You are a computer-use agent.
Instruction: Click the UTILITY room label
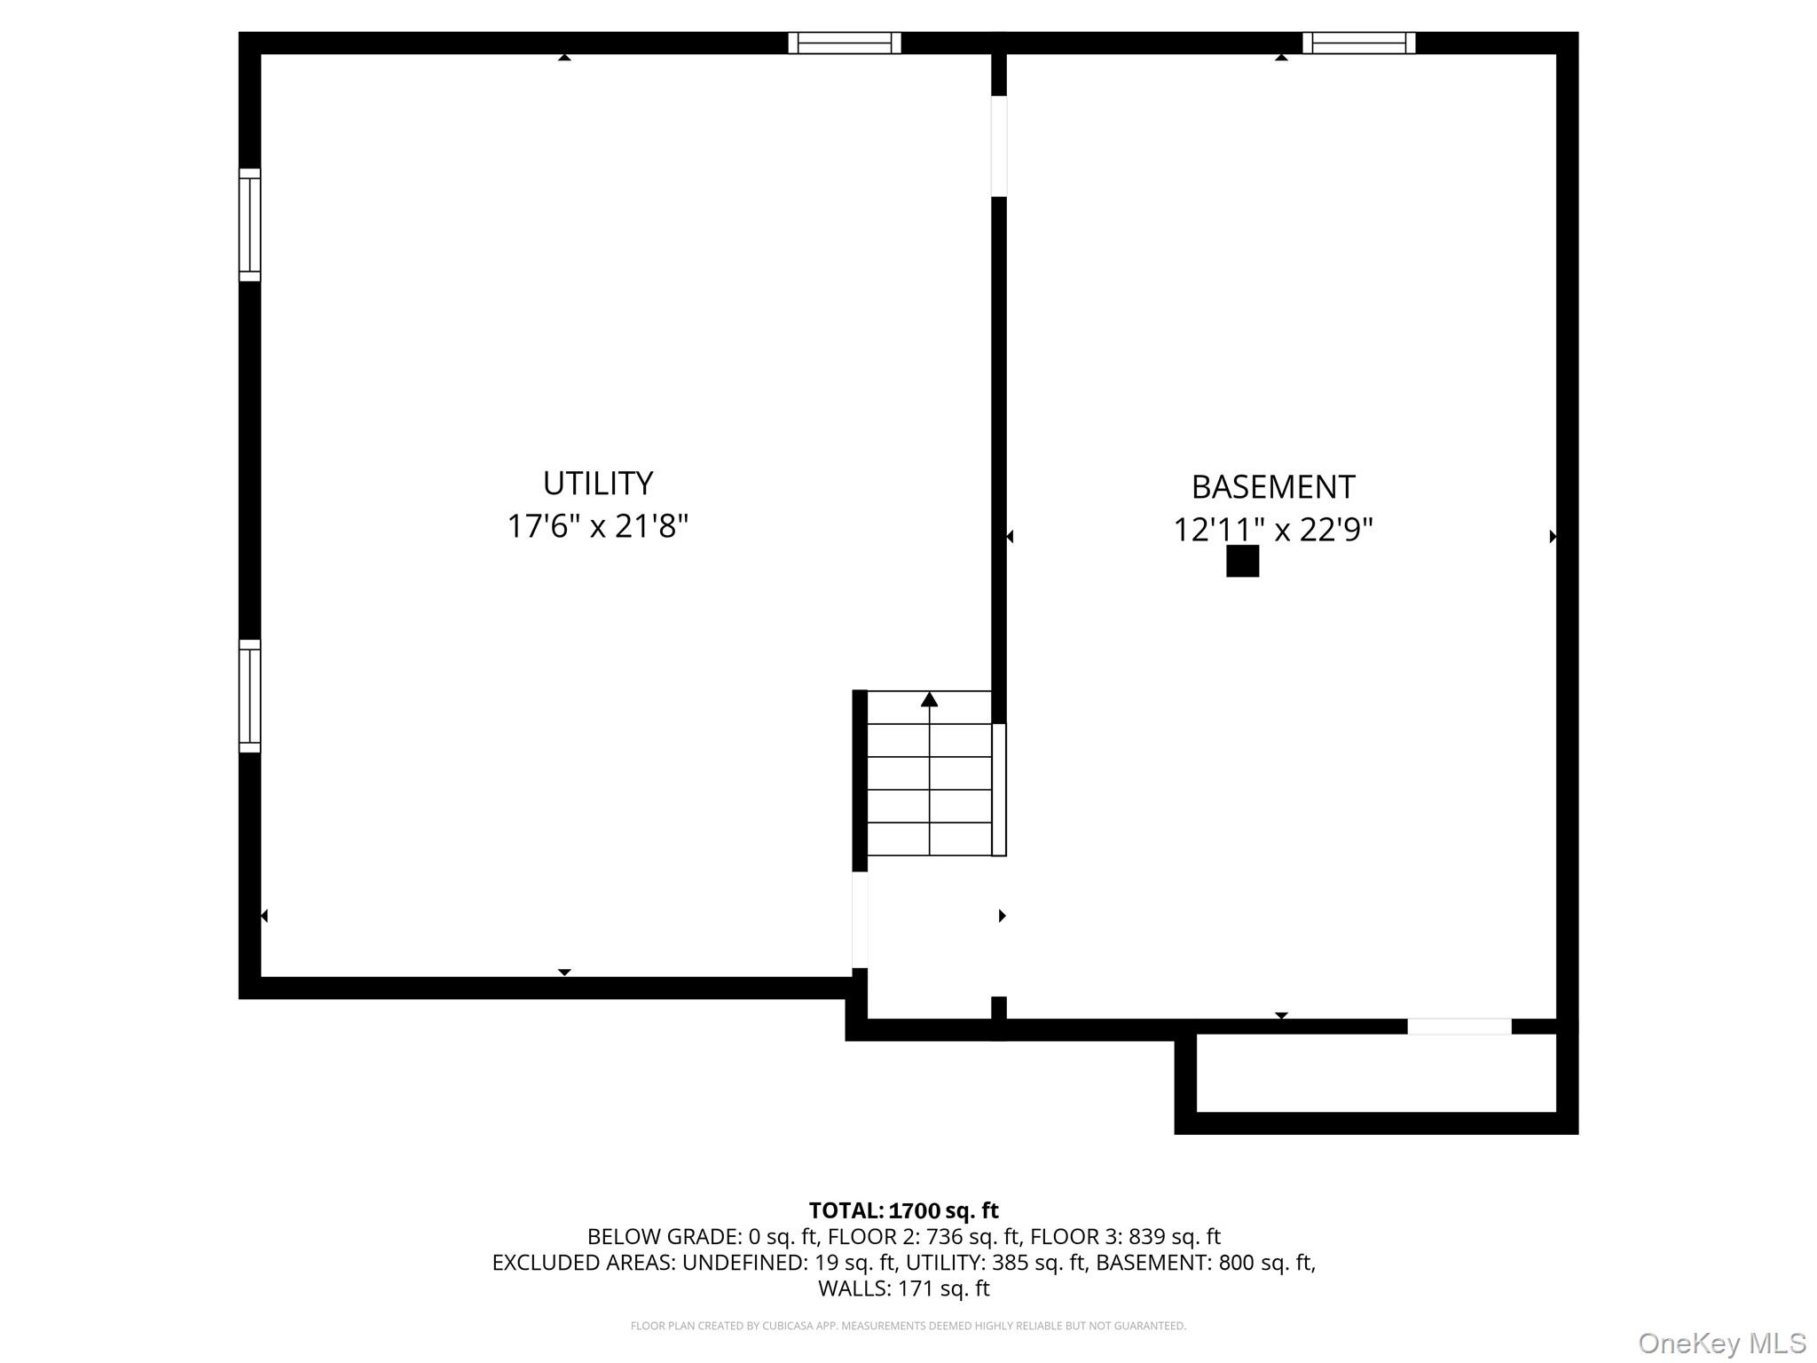click(x=597, y=484)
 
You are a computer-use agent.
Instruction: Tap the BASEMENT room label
click(x=1272, y=487)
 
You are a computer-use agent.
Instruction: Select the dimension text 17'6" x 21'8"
click(x=597, y=526)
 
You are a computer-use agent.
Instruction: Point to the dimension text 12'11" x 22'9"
click(x=1272, y=530)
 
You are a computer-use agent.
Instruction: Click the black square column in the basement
click(x=1242, y=561)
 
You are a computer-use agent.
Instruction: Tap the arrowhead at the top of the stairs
click(x=929, y=700)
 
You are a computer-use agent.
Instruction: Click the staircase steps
click(x=929, y=781)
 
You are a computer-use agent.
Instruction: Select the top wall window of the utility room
click(x=844, y=43)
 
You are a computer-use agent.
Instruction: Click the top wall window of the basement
click(x=1358, y=43)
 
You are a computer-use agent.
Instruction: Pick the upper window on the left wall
click(x=249, y=225)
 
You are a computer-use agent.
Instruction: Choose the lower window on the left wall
click(x=249, y=696)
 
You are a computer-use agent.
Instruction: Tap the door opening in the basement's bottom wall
click(x=1459, y=1027)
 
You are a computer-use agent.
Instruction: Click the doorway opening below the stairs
click(x=859, y=919)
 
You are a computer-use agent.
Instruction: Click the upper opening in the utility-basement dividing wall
click(x=998, y=146)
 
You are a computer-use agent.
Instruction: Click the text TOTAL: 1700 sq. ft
click(x=903, y=1210)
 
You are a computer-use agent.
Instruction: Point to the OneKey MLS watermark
click(x=1721, y=1343)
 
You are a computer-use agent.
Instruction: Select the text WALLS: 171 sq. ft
click(x=903, y=1288)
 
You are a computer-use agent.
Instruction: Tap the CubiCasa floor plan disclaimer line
click(x=908, y=1326)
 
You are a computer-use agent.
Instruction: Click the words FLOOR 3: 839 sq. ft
click(x=1125, y=1237)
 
